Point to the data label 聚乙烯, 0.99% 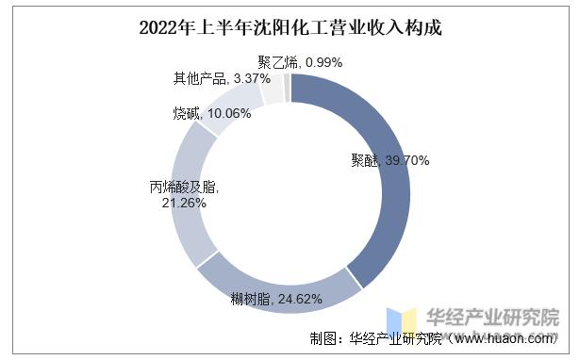tap(300, 62)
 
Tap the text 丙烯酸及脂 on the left tap(171, 186)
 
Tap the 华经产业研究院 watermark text tap(493, 317)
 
